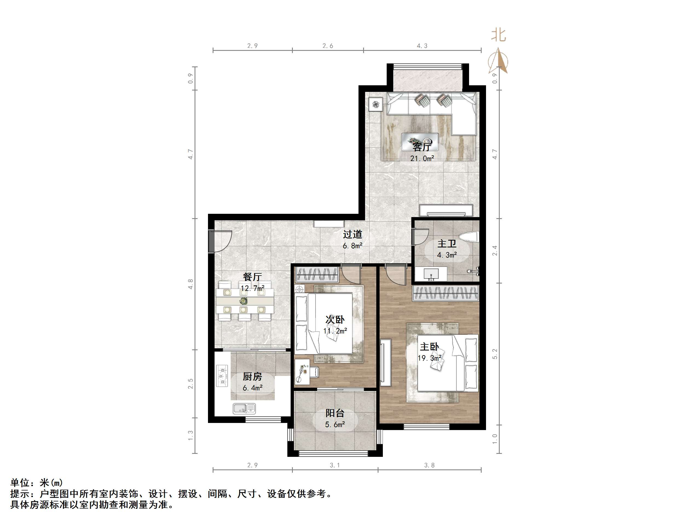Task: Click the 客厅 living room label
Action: [x=422, y=147]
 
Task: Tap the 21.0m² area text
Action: [x=422, y=159]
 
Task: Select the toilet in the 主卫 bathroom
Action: [x=469, y=237]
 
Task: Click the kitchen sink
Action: [x=244, y=408]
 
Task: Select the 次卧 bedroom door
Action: [x=351, y=274]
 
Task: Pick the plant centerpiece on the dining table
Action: [x=243, y=301]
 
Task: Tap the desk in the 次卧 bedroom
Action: [x=302, y=372]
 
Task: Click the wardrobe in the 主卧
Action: [x=446, y=293]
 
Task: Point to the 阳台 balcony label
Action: [x=335, y=413]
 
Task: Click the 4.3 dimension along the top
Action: [x=422, y=46]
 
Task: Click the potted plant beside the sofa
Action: [x=376, y=105]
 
